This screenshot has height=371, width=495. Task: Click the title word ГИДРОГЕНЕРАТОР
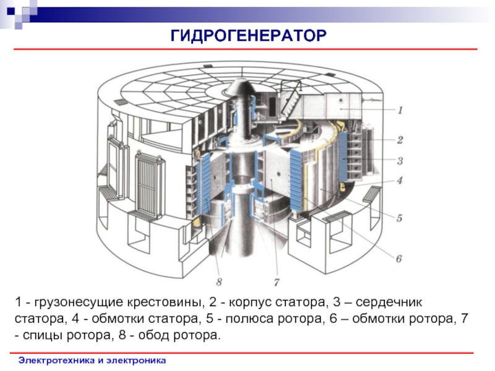[x=247, y=36]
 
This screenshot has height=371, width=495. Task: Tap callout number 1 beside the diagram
[x=400, y=110]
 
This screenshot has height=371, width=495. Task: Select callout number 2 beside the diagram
[x=400, y=140]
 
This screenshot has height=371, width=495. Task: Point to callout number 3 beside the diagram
[x=400, y=161]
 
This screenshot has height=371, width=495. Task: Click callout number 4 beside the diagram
[x=400, y=181]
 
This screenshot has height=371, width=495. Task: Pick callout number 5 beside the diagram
[x=400, y=218]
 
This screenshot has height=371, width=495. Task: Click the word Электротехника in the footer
[x=54, y=359]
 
